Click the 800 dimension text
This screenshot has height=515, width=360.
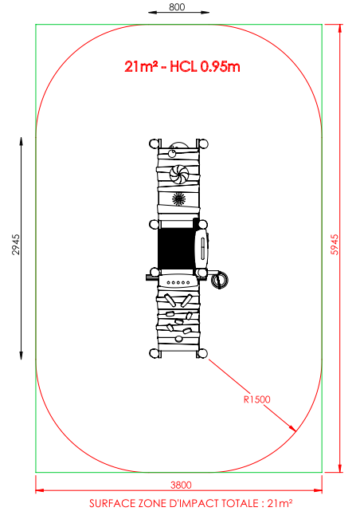177,7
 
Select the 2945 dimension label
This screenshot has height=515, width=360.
16,245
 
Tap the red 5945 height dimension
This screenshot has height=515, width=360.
334,245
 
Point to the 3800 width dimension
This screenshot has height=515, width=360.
181,485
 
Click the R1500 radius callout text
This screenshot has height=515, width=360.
257,399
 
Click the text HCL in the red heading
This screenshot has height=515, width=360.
183,67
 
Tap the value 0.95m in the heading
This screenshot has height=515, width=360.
220,67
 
